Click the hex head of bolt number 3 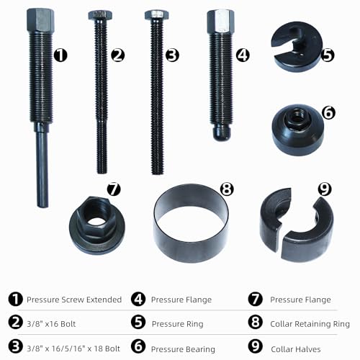coord(156,14)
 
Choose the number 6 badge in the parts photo coord(328,112)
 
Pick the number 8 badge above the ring coord(227,189)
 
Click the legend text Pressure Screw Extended coord(74,299)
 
